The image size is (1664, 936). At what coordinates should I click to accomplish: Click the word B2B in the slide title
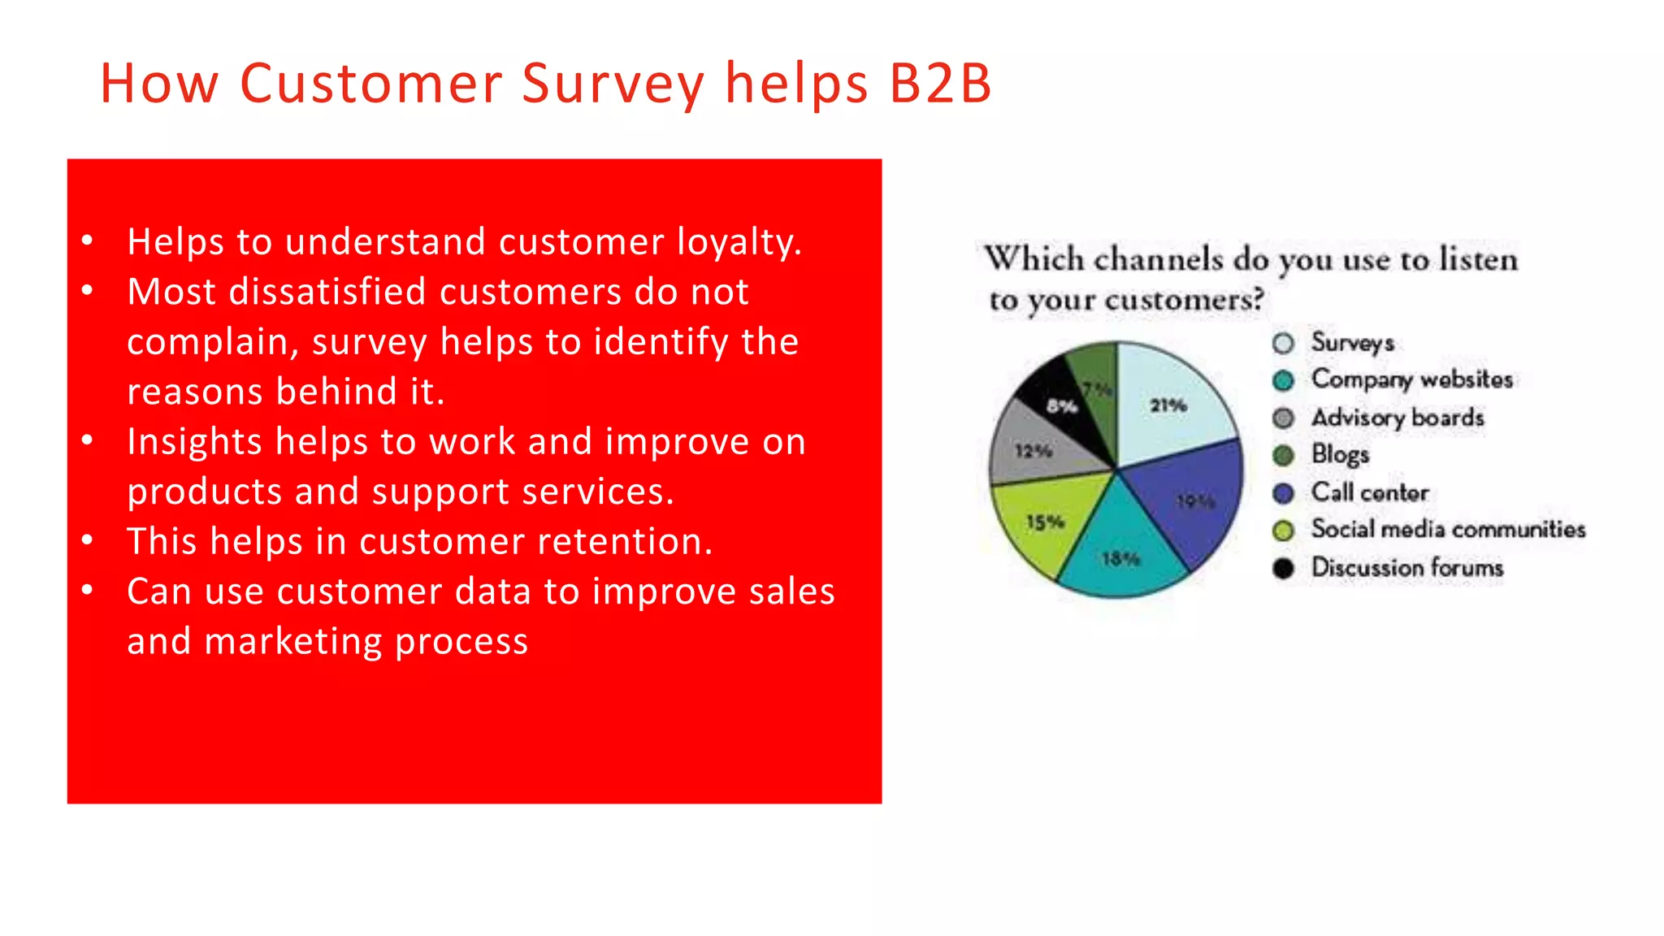(x=940, y=84)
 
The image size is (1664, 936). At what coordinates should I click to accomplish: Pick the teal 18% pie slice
(x=1121, y=552)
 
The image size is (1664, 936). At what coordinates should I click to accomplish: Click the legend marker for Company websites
(x=1283, y=380)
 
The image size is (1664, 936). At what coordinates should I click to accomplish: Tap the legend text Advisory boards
(x=1397, y=418)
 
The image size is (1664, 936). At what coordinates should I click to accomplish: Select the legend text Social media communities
(x=1448, y=530)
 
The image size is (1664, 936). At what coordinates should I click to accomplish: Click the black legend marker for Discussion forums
(x=1283, y=568)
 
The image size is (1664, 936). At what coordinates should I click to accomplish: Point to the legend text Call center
(x=1370, y=492)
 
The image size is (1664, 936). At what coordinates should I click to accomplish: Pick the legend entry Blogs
(x=1340, y=454)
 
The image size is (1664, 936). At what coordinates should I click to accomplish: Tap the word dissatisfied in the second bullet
(x=327, y=292)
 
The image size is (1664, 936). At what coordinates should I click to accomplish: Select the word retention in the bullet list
(x=630, y=541)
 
